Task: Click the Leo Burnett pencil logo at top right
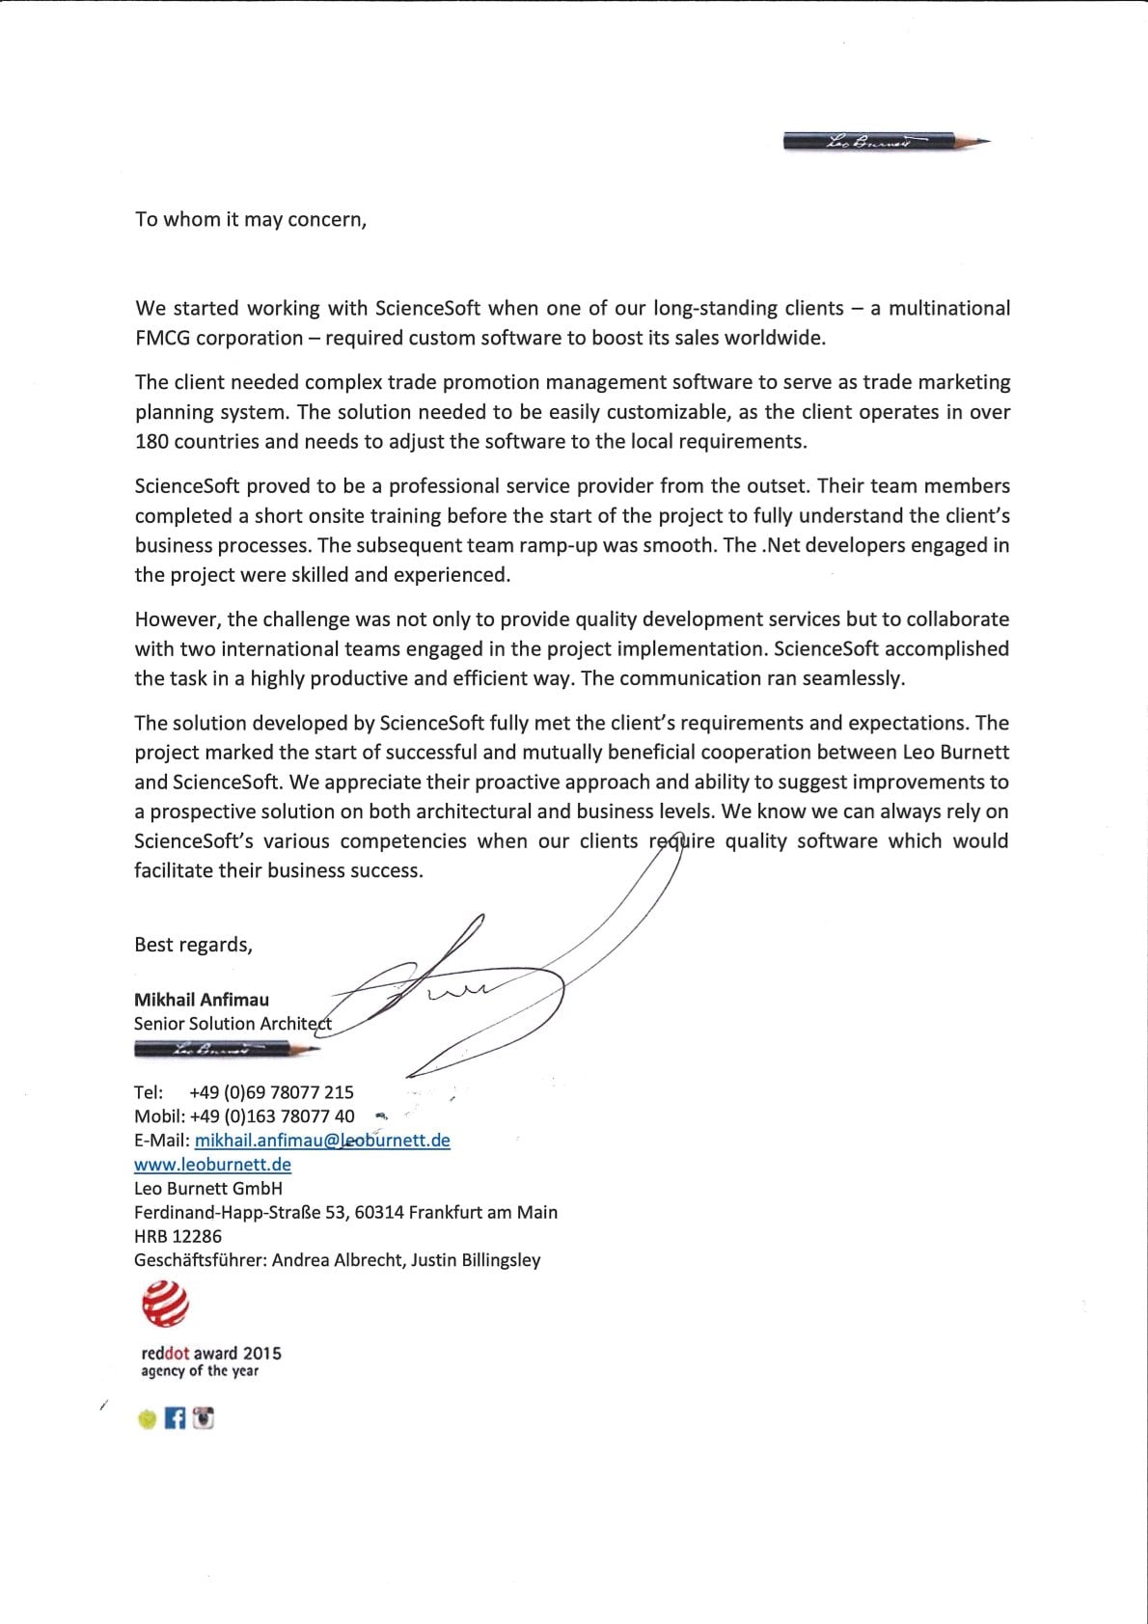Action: tap(886, 141)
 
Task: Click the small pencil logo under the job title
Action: tap(226, 1048)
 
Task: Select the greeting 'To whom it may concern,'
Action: tap(251, 220)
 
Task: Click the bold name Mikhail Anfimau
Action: tap(202, 1000)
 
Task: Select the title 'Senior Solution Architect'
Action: tap(232, 1024)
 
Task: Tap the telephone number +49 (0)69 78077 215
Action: tap(272, 1092)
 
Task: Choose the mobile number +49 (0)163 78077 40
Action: tap(272, 1116)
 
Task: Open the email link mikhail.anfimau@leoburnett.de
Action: tap(322, 1141)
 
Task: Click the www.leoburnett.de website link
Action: tap(212, 1165)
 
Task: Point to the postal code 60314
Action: tap(379, 1213)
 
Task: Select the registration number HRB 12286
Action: tap(178, 1236)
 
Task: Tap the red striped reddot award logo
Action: tap(165, 1304)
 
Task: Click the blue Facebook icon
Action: tap(175, 1418)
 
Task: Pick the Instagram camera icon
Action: tap(203, 1418)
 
